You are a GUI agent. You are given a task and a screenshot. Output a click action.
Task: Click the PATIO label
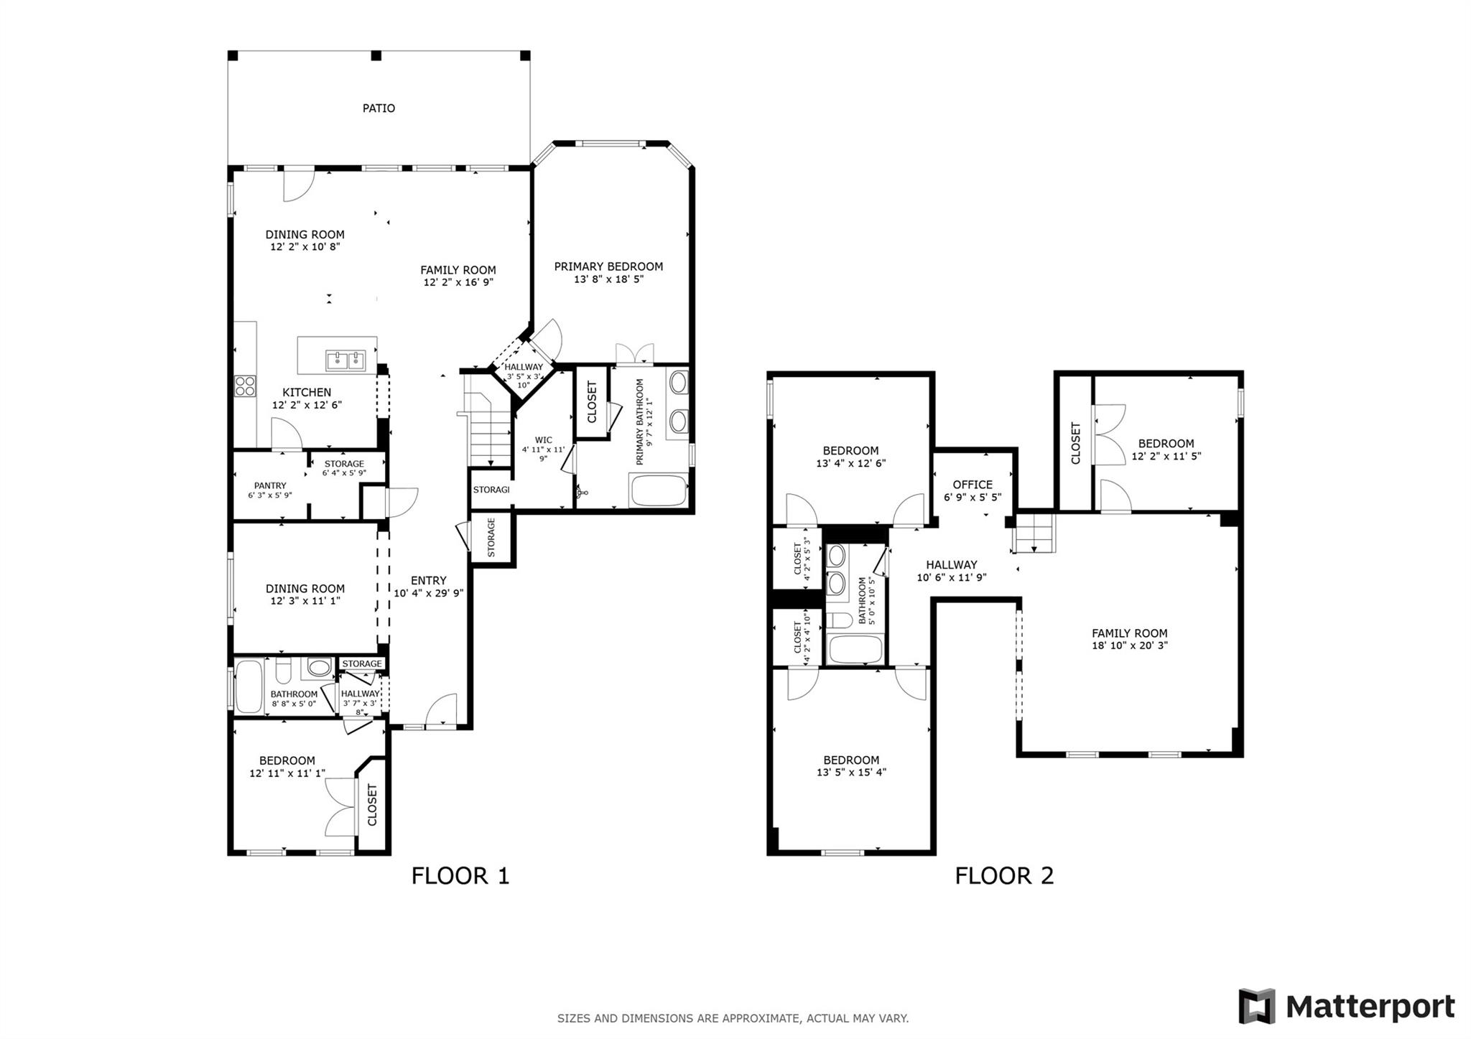pyautogui.click(x=379, y=108)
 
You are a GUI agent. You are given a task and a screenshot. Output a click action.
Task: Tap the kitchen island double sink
pyautogui.click(x=345, y=360)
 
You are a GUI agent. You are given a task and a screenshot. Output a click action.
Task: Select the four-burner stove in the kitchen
pyautogui.click(x=245, y=386)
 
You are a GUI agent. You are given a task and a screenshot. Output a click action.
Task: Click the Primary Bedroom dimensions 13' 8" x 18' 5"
pyautogui.click(x=608, y=279)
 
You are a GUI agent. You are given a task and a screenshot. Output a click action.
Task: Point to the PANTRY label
pyautogui.click(x=270, y=485)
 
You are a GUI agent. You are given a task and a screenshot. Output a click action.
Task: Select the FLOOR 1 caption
pyautogui.click(x=460, y=876)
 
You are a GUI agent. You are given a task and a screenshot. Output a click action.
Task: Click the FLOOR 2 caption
pyautogui.click(x=1004, y=876)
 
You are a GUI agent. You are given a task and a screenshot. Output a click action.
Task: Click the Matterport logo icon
pyautogui.click(x=1256, y=1006)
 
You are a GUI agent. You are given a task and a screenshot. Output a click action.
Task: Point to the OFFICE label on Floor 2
pyautogui.click(x=973, y=485)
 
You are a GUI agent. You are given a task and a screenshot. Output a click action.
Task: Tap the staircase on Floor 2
pyautogui.click(x=1034, y=533)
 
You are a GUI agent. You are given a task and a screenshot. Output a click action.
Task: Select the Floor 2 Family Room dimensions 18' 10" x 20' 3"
pyautogui.click(x=1129, y=646)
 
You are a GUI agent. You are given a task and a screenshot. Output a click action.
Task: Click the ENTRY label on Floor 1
pyautogui.click(x=429, y=580)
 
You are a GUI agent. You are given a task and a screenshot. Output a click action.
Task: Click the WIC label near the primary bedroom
pyautogui.click(x=544, y=440)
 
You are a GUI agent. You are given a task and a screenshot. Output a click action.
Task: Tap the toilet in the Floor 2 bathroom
pyautogui.click(x=838, y=620)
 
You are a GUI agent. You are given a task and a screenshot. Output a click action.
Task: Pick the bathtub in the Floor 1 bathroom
pyautogui.click(x=249, y=686)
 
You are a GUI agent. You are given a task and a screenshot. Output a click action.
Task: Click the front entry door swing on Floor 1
pyautogui.click(x=442, y=710)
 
